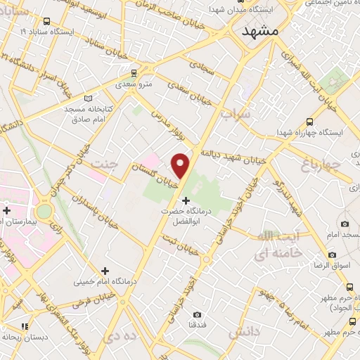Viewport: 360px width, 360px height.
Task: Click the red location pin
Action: click(x=181, y=165)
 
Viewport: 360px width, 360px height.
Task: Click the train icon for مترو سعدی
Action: click(x=134, y=72)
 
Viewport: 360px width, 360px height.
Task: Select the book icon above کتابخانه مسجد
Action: click(x=87, y=99)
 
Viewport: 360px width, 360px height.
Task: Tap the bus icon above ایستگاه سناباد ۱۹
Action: click(x=47, y=22)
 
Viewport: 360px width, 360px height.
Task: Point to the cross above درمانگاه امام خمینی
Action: click(x=105, y=271)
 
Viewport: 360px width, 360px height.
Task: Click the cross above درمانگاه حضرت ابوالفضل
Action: click(x=186, y=202)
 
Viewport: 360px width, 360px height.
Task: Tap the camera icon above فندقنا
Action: click(x=197, y=314)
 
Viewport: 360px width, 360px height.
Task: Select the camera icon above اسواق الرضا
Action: click(x=332, y=255)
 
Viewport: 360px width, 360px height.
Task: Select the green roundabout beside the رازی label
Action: click(x=44, y=210)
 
